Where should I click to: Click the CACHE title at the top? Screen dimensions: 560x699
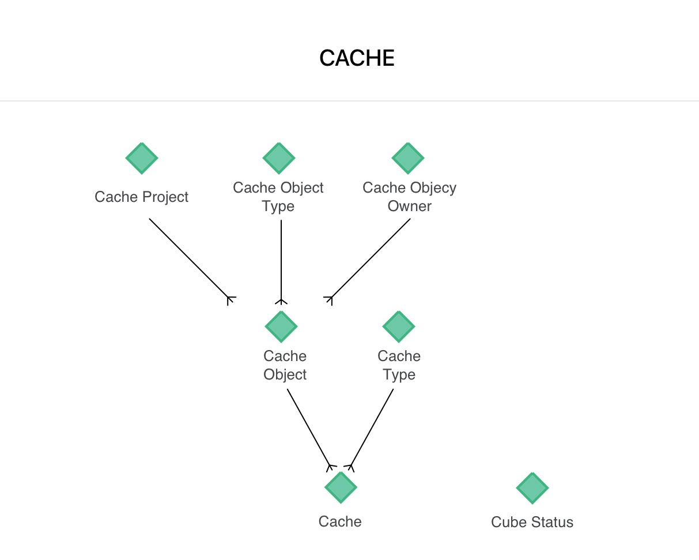[357, 58]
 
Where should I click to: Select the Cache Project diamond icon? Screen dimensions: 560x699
[142, 158]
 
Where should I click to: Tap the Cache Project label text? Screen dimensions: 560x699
[142, 197]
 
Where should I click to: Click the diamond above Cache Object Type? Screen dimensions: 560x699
[279, 158]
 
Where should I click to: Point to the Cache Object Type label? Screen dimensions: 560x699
[278, 197]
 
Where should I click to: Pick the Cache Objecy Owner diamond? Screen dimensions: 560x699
[408, 158]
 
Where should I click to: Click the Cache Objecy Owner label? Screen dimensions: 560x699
[409, 197]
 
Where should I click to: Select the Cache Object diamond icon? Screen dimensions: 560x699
[281, 326]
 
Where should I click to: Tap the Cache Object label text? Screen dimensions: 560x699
[285, 365]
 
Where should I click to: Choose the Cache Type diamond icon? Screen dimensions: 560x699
[399, 326]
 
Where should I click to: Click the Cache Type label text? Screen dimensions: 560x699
[399, 365]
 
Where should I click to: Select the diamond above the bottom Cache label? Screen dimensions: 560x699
[341, 487]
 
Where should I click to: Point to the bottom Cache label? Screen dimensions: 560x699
[340, 521]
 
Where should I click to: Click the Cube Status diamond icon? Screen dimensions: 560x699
[532, 488]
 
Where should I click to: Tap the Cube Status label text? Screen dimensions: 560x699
[532, 523]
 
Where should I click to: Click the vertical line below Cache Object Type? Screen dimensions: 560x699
[281, 260]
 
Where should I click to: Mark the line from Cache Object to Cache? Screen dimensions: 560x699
[308, 427]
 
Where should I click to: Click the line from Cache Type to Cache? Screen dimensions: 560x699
[372, 427]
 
